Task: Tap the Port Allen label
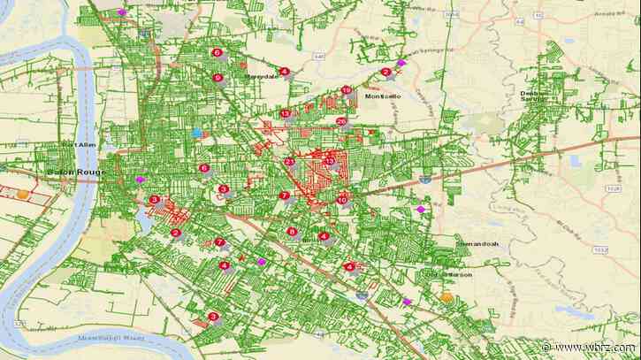pos(78,144)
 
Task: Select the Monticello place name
pos(382,96)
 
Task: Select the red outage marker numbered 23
pos(290,162)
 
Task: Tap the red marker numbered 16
pos(346,90)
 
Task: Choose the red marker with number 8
pos(292,232)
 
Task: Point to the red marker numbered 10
pos(341,201)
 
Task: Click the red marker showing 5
pos(217,78)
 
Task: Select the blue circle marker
pos(196,133)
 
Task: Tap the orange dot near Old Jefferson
pos(447,298)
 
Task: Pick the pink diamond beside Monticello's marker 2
pos(401,64)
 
